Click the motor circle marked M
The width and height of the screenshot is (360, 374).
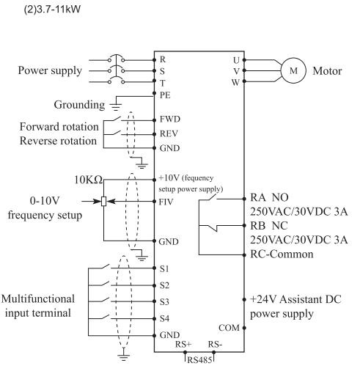click(293, 70)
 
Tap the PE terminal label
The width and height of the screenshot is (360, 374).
click(165, 95)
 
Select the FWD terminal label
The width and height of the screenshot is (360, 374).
click(170, 119)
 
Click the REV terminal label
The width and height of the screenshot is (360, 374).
click(169, 133)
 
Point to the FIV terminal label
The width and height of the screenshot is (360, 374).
click(166, 202)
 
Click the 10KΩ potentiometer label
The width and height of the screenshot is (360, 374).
click(89, 180)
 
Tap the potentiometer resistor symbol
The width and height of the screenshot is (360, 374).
click(103, 202)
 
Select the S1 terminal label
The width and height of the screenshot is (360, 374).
click(164, 268)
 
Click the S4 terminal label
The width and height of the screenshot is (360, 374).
click(164, 318)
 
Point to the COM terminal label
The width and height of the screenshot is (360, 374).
click(229, 328)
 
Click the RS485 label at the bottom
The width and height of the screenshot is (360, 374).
click(199, 360)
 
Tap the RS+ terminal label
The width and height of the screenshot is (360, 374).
click(183, 344)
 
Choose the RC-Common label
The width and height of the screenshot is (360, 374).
click(282, 254)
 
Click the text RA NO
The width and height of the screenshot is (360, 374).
click(269, 197)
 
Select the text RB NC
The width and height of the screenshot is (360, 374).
click(269, 226)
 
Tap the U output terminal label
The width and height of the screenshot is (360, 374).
click(236, 60)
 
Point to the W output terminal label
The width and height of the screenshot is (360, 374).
click(235, 82)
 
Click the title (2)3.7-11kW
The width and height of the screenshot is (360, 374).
click(52, 10)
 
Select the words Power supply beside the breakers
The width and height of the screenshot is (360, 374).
click(50, 70)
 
